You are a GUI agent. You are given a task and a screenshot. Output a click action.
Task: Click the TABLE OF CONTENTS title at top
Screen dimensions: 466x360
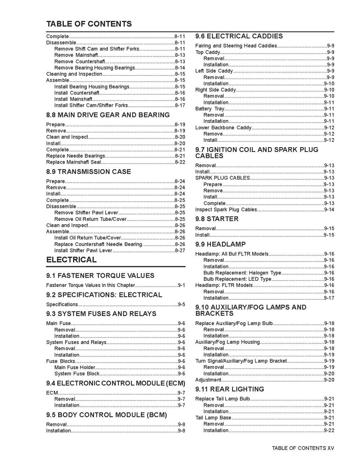(x=89, y=24)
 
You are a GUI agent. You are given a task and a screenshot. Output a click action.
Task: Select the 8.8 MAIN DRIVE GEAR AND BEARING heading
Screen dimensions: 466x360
(x=108, y=115)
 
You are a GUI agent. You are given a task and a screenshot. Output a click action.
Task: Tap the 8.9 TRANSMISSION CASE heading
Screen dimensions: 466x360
(x=89, y=172)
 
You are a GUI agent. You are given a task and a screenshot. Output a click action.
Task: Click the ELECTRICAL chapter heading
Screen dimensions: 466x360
(x=71, y=260)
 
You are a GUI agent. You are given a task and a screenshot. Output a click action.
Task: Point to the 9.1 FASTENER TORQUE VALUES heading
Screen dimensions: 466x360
(x=100, y=276)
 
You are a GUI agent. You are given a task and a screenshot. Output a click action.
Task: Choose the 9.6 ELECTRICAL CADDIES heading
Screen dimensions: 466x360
(x=239, y=36)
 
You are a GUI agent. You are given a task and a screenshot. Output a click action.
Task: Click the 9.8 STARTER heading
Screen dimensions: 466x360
(x=217, y=219)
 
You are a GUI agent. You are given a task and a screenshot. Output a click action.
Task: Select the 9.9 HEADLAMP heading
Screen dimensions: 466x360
(x=220, y=244)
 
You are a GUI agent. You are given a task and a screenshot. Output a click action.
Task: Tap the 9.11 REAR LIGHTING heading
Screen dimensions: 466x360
(x=230, y=389)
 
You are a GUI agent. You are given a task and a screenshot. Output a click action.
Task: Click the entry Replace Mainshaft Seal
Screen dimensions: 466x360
(x=74, y=162)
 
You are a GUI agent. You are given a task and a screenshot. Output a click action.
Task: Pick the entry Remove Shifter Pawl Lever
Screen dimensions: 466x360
(x=86, y=213)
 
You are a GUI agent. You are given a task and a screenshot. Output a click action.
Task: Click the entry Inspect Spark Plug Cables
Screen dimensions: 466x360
(x=226, y=209)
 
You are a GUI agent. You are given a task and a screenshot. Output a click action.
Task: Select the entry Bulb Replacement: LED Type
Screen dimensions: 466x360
(x=237, y=279)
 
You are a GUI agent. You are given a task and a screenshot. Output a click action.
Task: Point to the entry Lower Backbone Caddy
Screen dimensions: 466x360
(x=223, y=128)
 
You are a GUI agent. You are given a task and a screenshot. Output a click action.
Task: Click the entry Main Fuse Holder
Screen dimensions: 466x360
(x=75, y=368)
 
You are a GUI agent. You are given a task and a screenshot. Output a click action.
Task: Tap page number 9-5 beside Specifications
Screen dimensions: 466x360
(x=181, y=305)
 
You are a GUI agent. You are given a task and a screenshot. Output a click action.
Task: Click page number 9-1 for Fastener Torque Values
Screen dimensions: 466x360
(x=181, y=285)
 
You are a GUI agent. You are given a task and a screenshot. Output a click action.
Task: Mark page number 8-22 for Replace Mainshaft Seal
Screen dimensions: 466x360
(x=180, y=162)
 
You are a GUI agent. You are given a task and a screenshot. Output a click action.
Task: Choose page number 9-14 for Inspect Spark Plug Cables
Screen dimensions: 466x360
(x=329, y=209)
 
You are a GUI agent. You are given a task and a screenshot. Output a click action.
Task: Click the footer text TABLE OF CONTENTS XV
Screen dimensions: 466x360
(x=303, y=448)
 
